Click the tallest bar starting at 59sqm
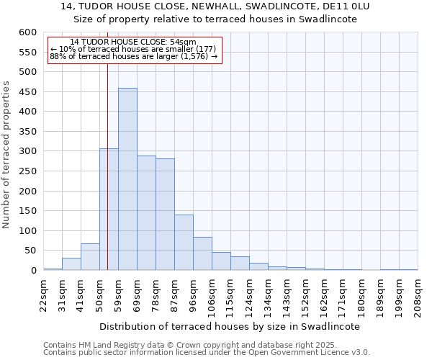tap(127, 179)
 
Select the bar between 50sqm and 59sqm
tap(109, 210)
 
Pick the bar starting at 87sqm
tap(184, 243)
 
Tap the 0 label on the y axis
tap(33, 271)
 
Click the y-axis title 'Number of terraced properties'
tap(7, 154)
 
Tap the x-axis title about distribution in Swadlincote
tap(229, 326)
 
